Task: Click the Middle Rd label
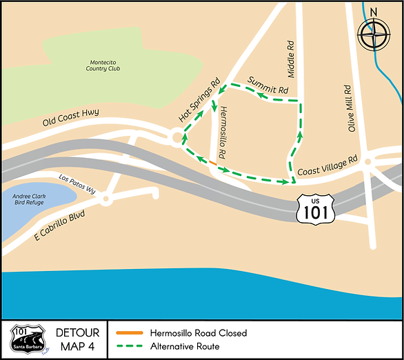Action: tap(291, 52)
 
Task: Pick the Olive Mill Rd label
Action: tap(351, 108)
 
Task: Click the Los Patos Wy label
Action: tap(77, 181)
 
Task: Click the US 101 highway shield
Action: tap(314, 208)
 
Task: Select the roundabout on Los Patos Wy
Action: tap(105, 200)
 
